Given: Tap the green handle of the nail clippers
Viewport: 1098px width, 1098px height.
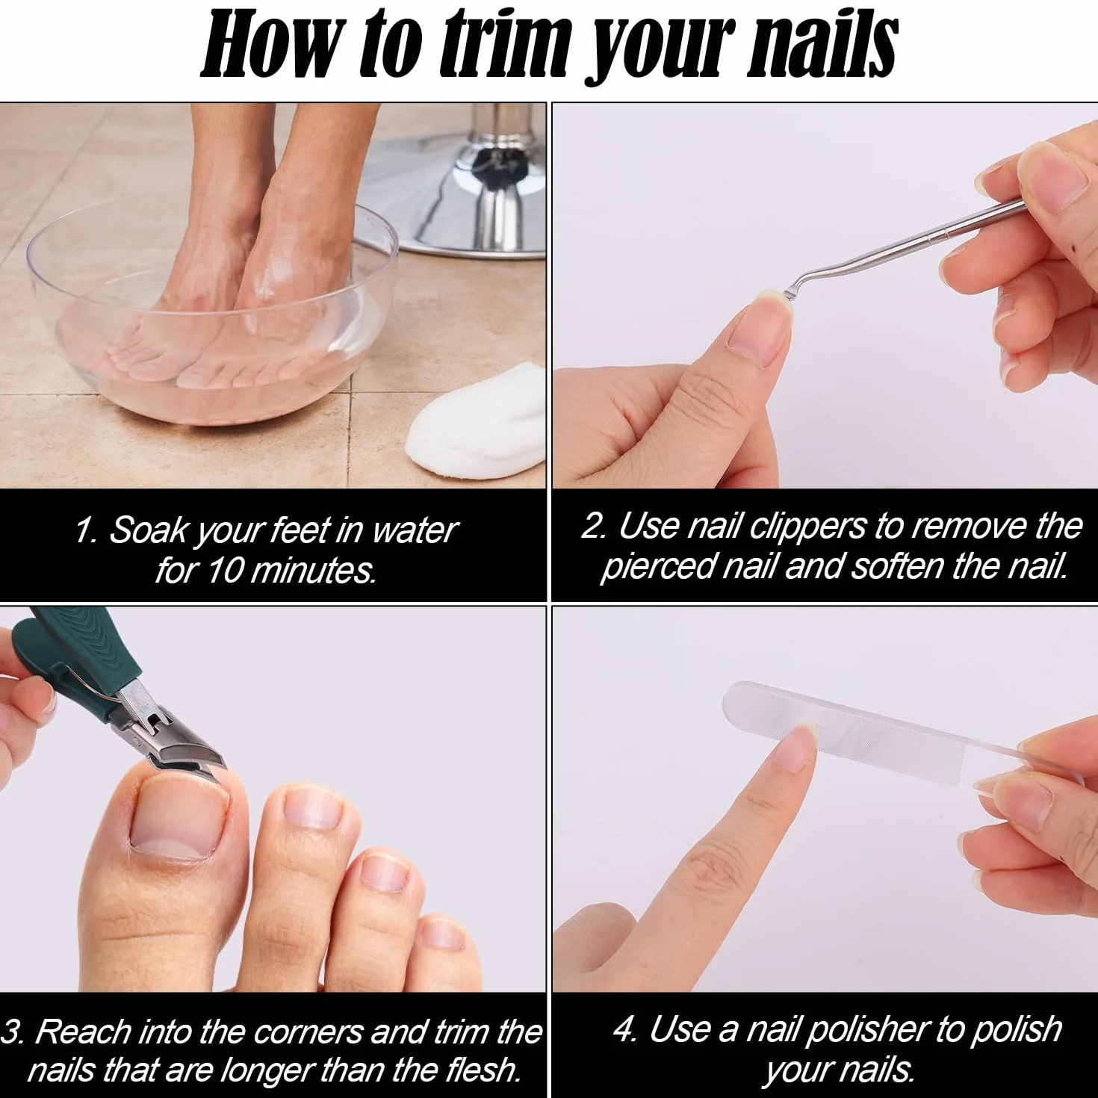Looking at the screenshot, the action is pos(63,655).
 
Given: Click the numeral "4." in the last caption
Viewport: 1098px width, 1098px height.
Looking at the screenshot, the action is pos(624,1029).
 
